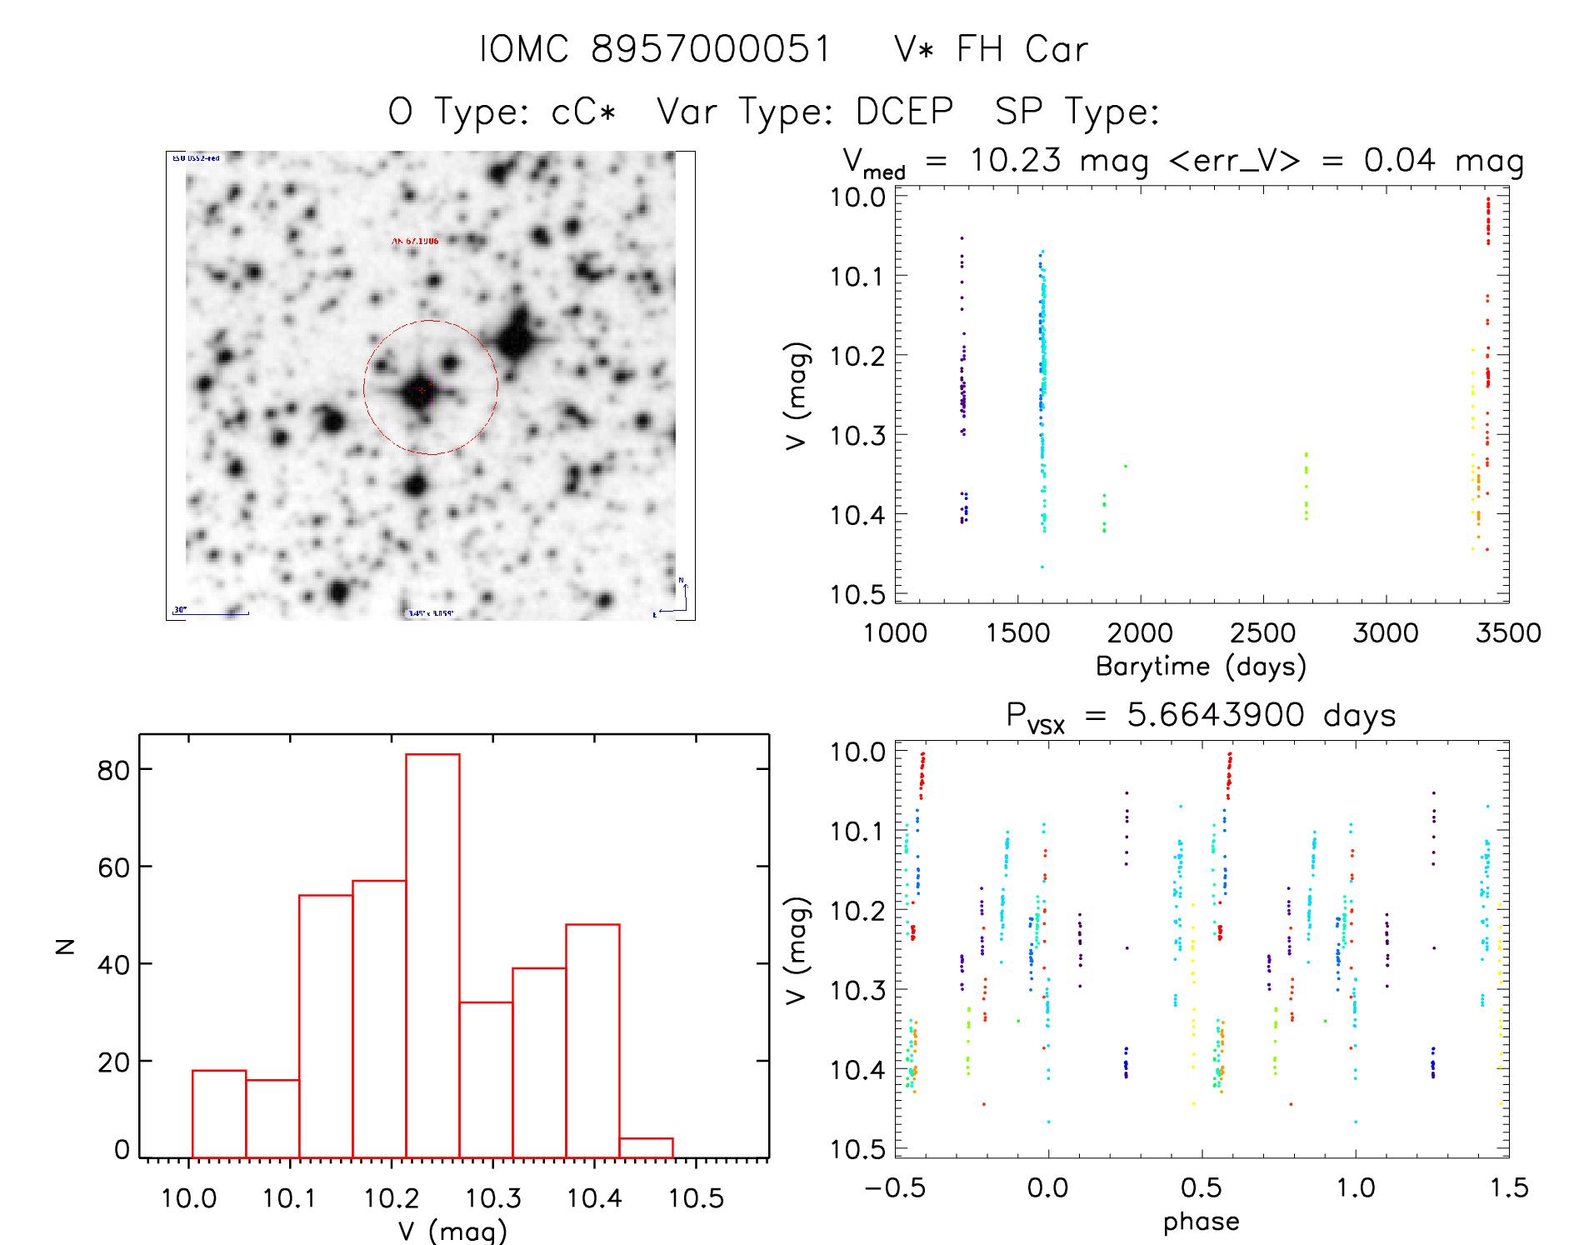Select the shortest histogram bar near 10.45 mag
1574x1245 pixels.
click(646, 1147)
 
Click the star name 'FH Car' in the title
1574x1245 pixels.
click(1022, 49)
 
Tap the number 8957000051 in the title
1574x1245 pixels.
click(711, 49)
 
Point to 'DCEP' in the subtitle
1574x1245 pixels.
click(904, 111)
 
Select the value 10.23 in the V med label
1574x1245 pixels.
click(1015, 160)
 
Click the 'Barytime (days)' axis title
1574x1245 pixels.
click(1201, 666)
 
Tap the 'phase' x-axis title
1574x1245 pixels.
click(1201, 1222)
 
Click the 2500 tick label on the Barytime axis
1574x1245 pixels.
click(1262, 632)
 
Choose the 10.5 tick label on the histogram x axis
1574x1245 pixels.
click(696, 1198)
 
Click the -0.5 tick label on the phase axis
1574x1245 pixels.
click(895, 1187)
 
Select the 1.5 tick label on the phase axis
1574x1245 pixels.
click(1509, 1187)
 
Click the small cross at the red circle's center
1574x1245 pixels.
click(422, 389)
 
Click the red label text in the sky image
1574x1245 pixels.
click(415, 241)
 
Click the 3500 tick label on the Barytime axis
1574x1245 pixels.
click(1508, 632)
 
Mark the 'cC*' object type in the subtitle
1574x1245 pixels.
click(583, 111)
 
